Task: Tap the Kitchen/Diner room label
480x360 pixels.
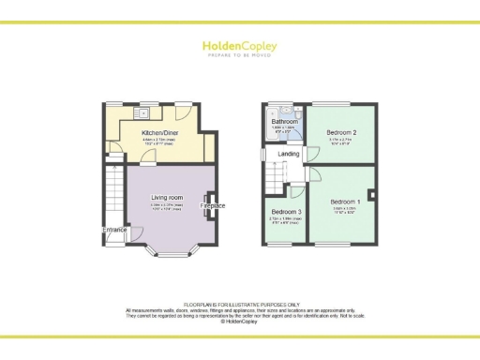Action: [160, 133]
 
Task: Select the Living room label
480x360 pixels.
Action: [167, 198]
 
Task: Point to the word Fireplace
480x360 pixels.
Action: [212, 205]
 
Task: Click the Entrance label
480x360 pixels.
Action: [115, 229]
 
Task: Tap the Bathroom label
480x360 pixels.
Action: [284, 122]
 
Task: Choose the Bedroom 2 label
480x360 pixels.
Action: [342, 133]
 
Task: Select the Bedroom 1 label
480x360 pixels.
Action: [345, 202]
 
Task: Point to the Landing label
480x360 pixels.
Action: [290, 155]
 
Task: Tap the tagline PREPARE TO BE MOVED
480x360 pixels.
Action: [239, 55]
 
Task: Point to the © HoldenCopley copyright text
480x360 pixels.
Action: [240, 321]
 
